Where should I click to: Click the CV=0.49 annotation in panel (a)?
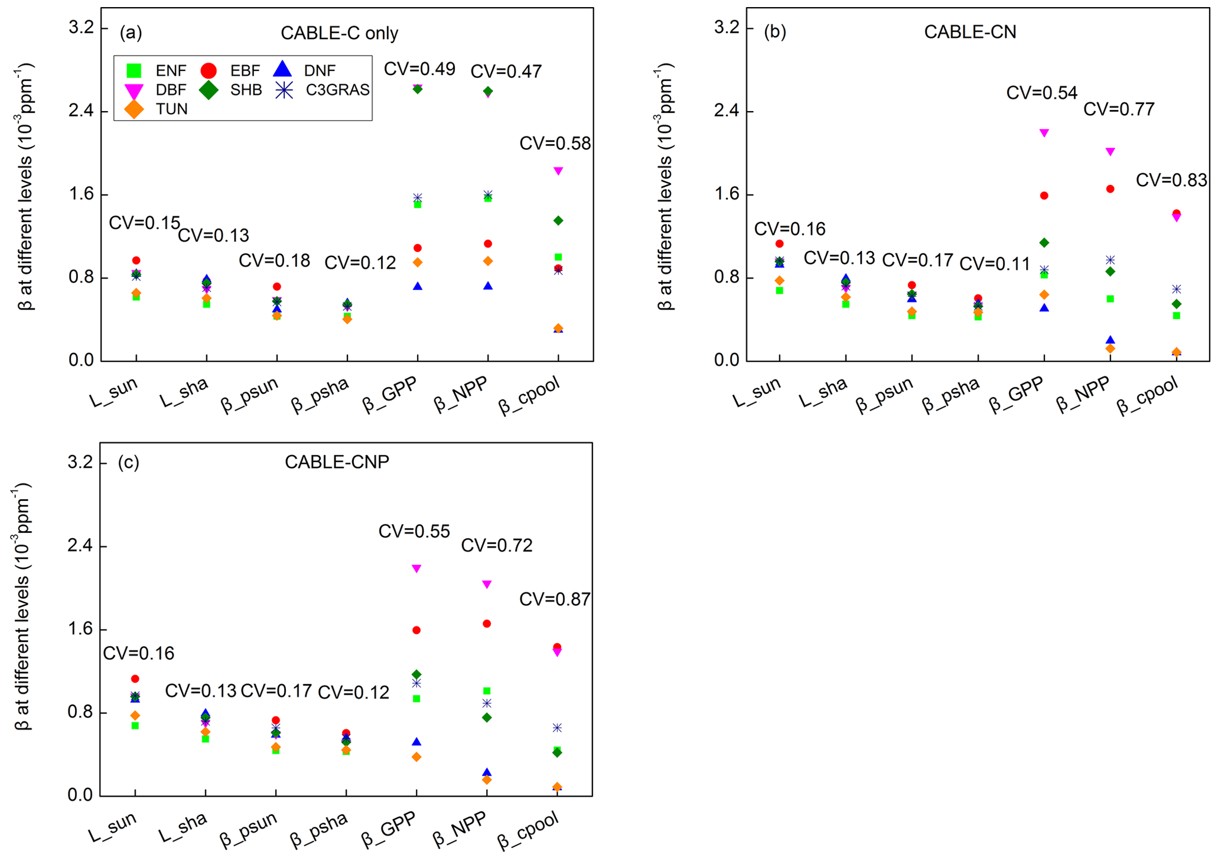[x=419, y=69]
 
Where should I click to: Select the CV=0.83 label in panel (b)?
[x=1171, y=180]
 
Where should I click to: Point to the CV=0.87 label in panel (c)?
[x=555, y=599]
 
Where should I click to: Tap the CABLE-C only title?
[x=339, y=33]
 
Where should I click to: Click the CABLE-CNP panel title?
[x=337, y=461]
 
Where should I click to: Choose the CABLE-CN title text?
[x=970, y=32]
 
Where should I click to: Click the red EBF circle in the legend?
[x=209, y=71]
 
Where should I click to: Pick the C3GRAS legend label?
[x=337, y=90]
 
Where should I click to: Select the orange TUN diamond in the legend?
[x=135, y=109]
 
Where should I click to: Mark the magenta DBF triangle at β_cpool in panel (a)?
[x=558, y=171]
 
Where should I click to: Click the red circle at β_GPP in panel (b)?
[x=1044, y=196]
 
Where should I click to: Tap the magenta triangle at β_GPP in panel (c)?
[x=416, y=568]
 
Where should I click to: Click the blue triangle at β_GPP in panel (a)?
[x=418, y=286]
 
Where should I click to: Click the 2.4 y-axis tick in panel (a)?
[x=82, y=112]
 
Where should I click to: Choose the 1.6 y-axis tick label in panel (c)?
[x=80, y=629]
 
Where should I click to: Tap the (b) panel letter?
[x=775, y=31]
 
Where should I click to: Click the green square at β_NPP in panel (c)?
[x=487, y=691]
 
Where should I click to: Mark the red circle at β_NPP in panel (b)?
[x=1110, y=189]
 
